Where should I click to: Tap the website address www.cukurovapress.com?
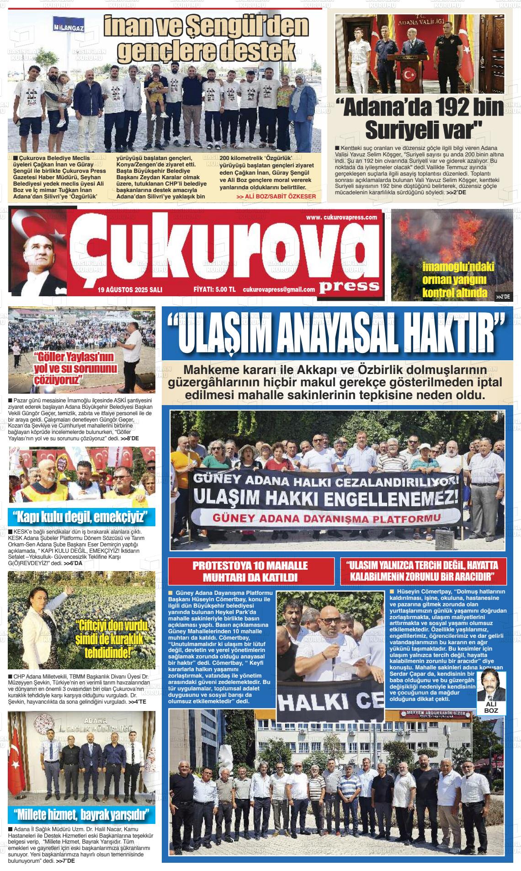[x=341, y=217]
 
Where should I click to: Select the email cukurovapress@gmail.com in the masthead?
[x=279, y=289]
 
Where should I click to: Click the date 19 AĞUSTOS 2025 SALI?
[x=130, y=289]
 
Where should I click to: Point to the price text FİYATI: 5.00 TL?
[x=214, y=289]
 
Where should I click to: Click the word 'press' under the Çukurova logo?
[x=349, y=286]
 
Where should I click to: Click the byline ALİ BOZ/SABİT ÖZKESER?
[x=276, y=197]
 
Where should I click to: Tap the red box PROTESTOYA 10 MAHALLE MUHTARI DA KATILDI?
[x=250, y=571]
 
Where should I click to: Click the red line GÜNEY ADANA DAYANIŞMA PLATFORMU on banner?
[x=326, y=518]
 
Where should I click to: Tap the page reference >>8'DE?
[x=130, y=438]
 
